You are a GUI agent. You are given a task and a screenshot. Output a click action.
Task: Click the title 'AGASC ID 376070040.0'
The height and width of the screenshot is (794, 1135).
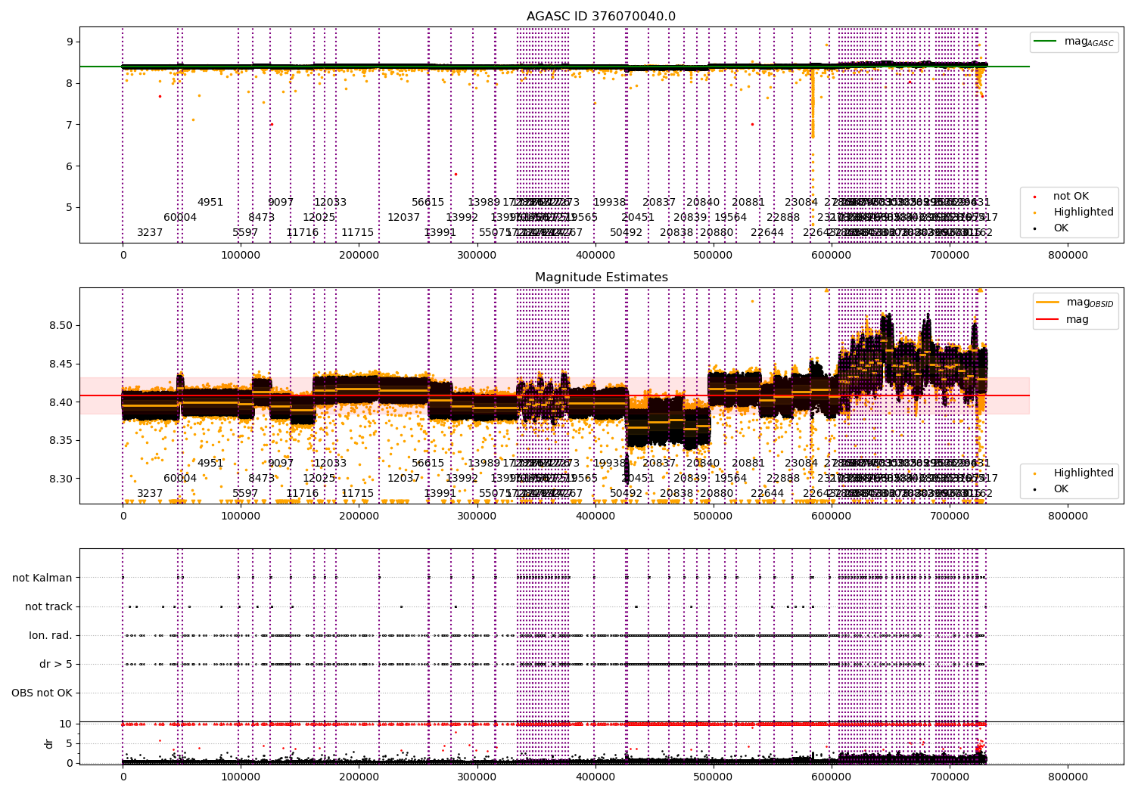click(x=601, y=17)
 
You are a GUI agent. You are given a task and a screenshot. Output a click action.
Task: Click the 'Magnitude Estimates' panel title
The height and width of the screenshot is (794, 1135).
click(x=601, y=278)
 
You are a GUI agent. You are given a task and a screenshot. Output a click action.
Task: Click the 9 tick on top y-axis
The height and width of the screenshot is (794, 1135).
click(x=69, y=42)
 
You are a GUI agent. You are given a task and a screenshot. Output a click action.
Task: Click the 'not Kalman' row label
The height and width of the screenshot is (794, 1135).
click(x=42, y=578)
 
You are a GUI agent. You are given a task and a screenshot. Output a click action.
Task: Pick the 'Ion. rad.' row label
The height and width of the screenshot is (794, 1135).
click(x=51, y=636)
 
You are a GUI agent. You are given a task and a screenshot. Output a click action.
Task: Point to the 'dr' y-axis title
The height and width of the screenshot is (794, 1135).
click(x=49, y=743)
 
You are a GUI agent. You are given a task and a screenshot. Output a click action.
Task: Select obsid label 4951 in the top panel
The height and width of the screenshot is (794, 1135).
click(x=210, y=203)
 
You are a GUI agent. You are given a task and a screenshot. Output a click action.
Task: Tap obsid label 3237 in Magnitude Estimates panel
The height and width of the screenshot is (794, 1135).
click(x=150, y=494)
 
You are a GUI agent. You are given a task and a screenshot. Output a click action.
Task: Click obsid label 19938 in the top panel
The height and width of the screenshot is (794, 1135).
click(x=609, y=203)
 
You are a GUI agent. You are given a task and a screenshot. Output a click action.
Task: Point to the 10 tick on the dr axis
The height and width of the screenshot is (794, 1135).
click(x=66, y=724)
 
